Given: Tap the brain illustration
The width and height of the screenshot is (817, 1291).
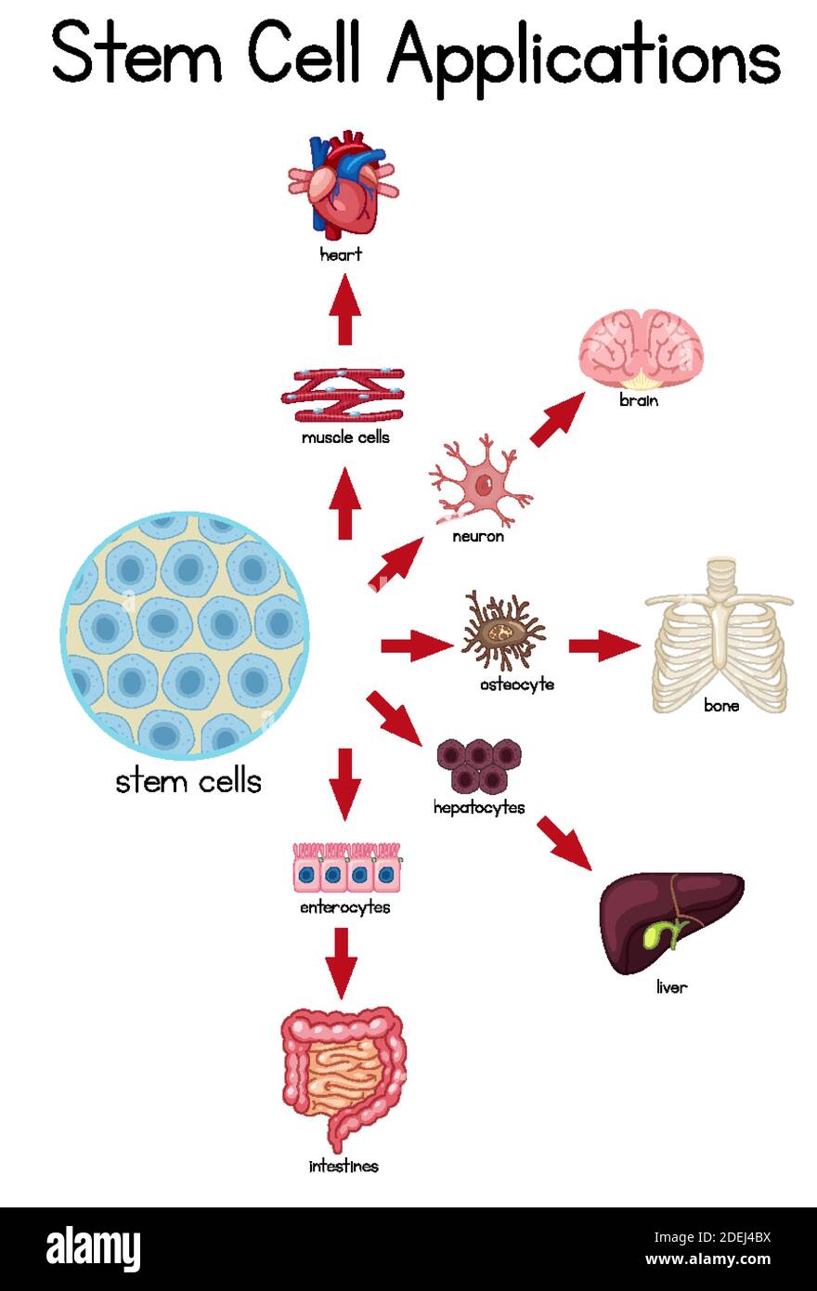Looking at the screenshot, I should click(x=641, y=349).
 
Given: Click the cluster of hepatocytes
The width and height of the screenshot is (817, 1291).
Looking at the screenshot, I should click(x=479, y=765).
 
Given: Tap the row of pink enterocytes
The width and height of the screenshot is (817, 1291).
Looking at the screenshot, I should click(x=347, y=867).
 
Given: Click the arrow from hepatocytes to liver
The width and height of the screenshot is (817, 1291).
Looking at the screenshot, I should click(x=564, y=841).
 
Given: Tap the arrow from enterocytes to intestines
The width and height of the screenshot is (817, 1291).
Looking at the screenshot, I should click(x=342, y=962).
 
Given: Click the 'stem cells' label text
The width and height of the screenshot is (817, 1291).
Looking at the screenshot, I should click(x=188, y=781).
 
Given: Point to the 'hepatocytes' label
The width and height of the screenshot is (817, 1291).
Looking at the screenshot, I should click(x=479, y=807).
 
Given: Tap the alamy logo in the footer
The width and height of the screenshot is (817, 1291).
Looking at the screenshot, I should click(x=93, y=1247).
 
